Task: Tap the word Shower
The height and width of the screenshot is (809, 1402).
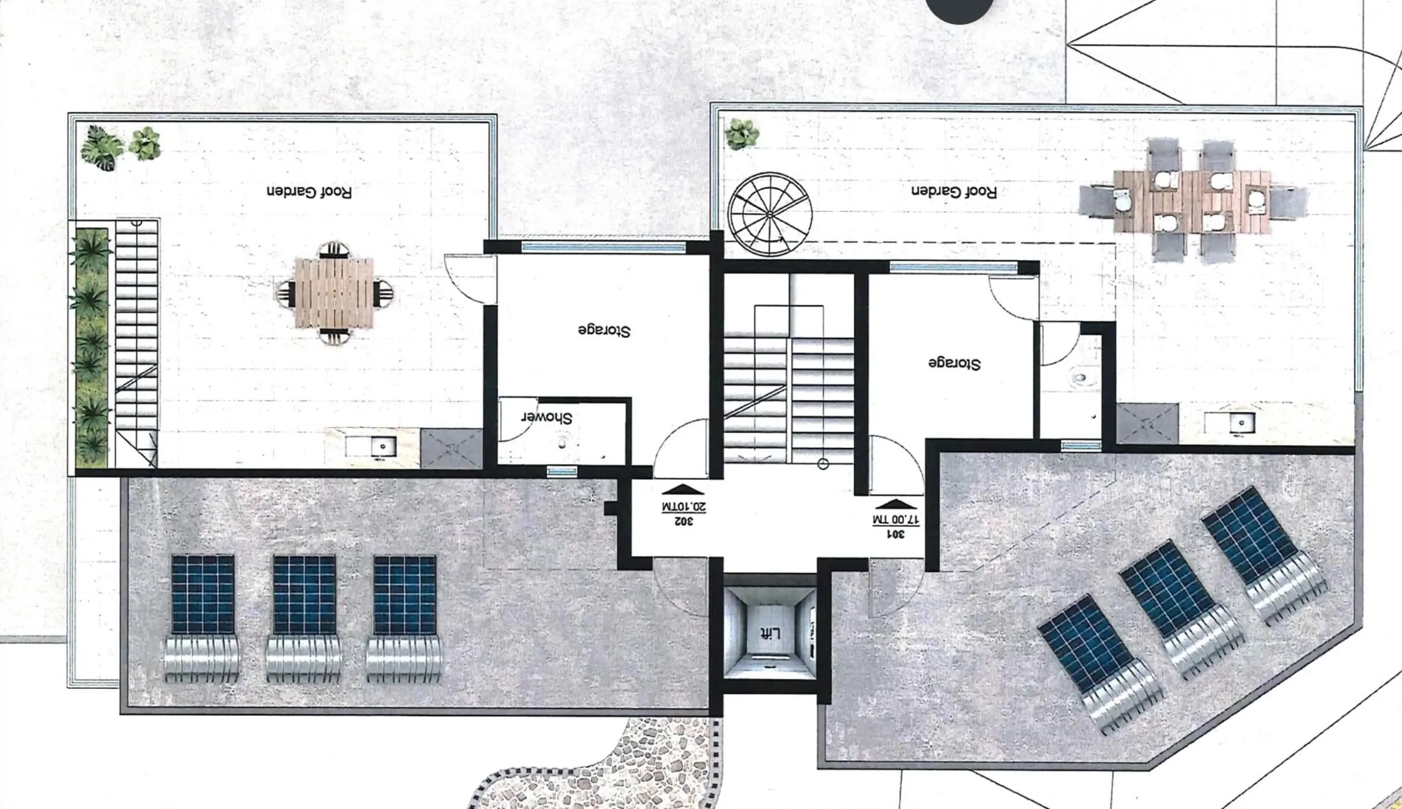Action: tap(546, 418)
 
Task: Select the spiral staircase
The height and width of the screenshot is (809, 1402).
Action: tap(770, 214)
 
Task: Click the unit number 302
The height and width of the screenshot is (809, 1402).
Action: tap(683, 521)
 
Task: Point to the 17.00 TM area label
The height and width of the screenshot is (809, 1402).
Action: tap(896, 520)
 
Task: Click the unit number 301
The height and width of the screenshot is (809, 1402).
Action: tap(895, 534)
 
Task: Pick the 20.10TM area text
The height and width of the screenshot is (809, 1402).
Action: tap(683, 507)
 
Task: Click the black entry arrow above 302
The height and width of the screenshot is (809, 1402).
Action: tap(683, 490)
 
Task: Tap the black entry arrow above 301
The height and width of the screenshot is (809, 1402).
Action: tap(896, 504)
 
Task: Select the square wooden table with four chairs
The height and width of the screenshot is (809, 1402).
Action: tap(334, 292)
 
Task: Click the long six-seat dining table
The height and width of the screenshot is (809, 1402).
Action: tap(1192, 201)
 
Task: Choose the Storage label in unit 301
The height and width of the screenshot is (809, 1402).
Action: tap(955, 363)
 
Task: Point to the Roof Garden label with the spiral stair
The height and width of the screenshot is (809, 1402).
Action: tap(954, 191)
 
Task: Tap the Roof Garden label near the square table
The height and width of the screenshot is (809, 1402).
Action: tap(309, 192)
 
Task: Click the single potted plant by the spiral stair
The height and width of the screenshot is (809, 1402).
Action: tap(741, 134)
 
